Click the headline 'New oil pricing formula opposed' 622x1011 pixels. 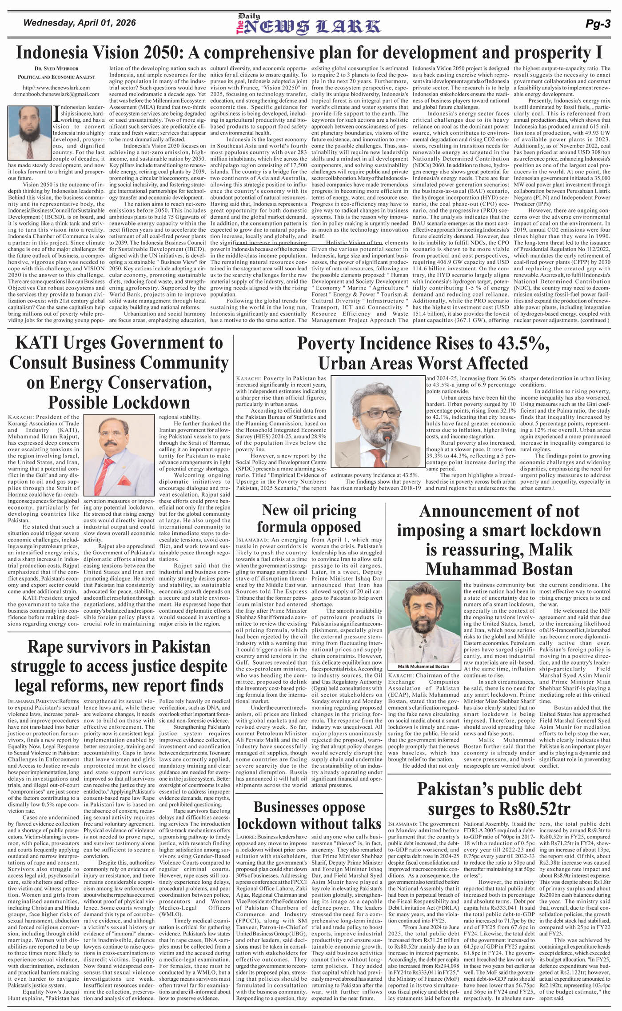point(309,518)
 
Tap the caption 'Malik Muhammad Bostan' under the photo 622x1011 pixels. point(424,666)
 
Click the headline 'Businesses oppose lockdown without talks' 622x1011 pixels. point(309,815)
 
